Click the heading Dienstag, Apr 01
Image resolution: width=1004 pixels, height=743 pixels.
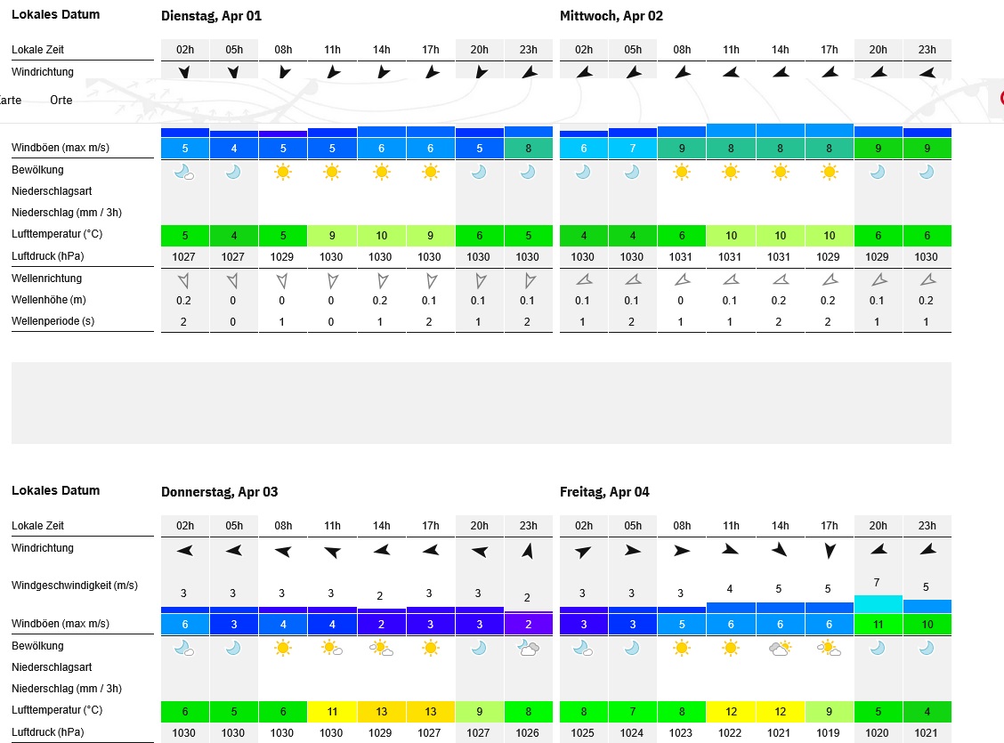coord(211,16)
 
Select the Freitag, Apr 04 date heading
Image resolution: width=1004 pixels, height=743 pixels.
coord(604,492)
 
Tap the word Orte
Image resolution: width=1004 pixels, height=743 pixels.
coord(61,101)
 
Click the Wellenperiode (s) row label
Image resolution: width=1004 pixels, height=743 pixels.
coord(53,321)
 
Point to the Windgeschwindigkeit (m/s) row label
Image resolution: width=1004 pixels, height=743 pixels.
coord(75,586)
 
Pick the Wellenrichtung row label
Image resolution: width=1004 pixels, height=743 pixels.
coord(47,279)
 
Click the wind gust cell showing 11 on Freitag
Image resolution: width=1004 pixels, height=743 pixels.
coord(878,625)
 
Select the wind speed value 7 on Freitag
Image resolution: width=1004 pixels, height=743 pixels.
coord(878,582)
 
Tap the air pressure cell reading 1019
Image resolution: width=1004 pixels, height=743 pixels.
coord(829,732)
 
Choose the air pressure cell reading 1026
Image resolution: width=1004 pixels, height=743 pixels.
coord(528,732)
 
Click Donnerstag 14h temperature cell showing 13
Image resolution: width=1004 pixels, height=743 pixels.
coord(382,711)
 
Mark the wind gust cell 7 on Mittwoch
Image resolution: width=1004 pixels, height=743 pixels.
coord(633,148)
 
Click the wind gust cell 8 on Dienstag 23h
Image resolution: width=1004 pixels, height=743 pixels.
coord(528,148)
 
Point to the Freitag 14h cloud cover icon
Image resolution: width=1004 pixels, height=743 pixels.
coord(781,648)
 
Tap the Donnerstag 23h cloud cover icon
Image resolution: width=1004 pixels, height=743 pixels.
coord(528,648)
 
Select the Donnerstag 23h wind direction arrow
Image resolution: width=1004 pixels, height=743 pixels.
coord(528,551)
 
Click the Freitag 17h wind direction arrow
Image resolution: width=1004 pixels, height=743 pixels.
coord(829,551)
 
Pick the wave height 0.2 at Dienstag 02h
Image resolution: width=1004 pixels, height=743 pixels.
coord(184,301)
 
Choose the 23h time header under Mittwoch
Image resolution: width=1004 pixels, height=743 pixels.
coord(927,50)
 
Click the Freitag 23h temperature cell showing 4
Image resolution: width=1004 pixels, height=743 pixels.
coord(927,711)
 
